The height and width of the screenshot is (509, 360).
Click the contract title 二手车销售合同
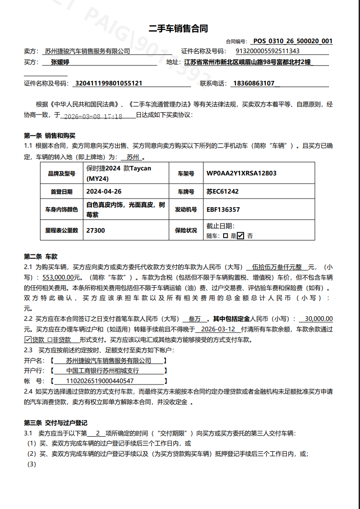coord(179,29)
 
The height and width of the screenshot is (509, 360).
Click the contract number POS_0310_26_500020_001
coord(293,41)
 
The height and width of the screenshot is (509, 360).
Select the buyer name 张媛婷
coord(60,62)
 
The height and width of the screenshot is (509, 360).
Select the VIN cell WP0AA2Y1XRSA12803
coord(241,173)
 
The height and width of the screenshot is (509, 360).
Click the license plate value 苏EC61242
coord(222,191)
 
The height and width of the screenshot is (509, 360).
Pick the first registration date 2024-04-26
coord(104,191)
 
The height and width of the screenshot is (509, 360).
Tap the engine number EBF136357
coord(223,210)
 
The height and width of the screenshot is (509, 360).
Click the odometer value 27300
coord(95,230)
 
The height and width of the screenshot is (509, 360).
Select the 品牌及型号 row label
coord(61,174)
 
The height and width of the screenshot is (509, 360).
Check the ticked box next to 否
coord(240,235)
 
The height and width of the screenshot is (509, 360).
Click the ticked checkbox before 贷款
coord(28,339)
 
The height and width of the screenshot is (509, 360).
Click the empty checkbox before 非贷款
coord(49,339)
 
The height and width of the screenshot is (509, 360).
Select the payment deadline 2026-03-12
coord(218,329)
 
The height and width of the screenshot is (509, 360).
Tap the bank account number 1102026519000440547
coord(100,381)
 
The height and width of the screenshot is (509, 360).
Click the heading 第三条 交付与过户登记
coord(55,423)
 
